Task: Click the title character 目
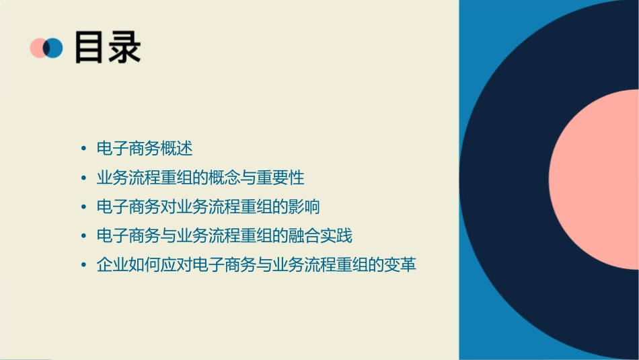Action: (x=89, y=47)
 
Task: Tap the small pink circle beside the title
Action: (x=37, y=48)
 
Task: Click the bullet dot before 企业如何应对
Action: (x=83, y=265)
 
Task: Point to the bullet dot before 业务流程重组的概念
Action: (x=83, y=178)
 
